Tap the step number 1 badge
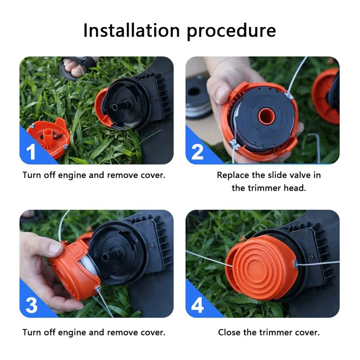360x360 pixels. click(x=31, y=151)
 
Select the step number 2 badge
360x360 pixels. click(x=198, y=151)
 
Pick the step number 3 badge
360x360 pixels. click(x=31, y=305)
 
